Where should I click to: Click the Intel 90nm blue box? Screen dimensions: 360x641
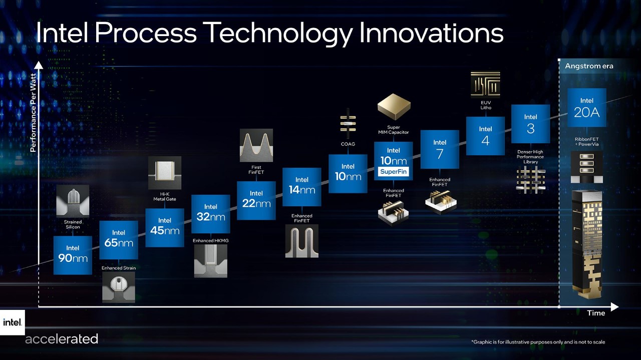point(73,255)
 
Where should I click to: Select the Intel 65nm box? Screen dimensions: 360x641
point(119,239)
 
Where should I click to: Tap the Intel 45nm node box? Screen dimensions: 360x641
point(165,227)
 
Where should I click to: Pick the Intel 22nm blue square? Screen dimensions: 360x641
point(256,200)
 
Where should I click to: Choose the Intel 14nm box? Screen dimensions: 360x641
point(301,187)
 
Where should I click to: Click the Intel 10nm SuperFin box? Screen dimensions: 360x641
point(393,161)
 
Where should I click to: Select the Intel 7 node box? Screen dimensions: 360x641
point(440,149)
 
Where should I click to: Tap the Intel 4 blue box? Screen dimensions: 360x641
point(485,136)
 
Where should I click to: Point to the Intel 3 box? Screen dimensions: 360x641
point(530,124)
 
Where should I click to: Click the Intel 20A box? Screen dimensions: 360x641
point(586,108)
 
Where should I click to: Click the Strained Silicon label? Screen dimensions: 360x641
point(73,224)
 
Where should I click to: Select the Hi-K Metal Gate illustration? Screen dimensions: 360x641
point(164,173)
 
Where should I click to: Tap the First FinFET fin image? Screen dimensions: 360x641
point(256,145)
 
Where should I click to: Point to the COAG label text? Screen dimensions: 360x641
point(348,144)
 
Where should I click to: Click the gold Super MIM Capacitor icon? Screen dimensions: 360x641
point(394,106)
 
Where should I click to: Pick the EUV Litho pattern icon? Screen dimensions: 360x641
point(485,84)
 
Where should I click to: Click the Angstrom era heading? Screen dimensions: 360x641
point(589,66)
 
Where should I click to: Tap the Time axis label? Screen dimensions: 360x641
point(596,313)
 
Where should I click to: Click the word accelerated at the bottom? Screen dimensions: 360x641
point(62,339)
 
